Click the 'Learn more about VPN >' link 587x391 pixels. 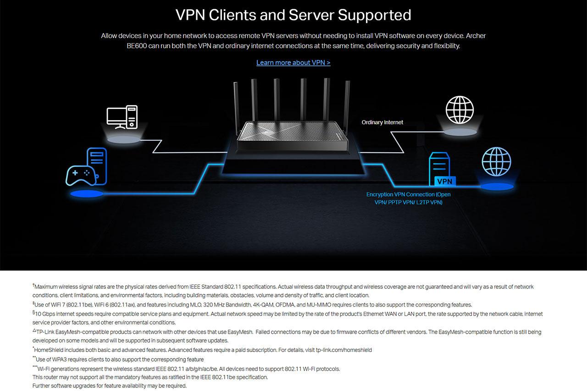[x=293, y=63]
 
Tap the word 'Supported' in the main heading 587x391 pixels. [x=375, y=15]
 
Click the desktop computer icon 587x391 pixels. [x=122, y=117]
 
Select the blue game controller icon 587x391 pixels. [x=81, y=176]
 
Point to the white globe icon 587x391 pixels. [x=460, y=110]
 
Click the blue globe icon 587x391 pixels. [x=496, y=162]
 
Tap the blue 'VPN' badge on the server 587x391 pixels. [x=445, y=181]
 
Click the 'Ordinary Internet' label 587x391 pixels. [x=382, y=122]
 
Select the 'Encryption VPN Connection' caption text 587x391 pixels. [x=408, y=198]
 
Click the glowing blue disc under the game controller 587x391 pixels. [x=87, y=194]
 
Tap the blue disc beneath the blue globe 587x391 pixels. [x=497, y=187]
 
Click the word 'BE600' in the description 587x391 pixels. [x=137, y=46]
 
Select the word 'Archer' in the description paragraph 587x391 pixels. [x=476, y=36]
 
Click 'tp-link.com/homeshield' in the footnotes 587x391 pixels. [x=344, y=350]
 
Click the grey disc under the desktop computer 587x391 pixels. [x=124, y=140]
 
